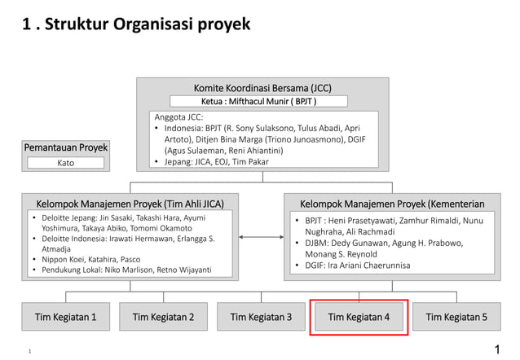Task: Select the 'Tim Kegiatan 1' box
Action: tap(66, 317)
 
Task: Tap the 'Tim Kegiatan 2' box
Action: tap(163, 317)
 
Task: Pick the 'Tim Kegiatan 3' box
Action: tap(261, 317)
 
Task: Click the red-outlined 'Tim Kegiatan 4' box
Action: tap(359, 317)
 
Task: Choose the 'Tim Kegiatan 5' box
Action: tap(456, 317)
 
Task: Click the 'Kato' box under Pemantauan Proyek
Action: tap(66, 163)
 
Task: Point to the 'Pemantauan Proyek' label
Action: tap(66, 147)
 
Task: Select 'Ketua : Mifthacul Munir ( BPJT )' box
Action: tap(258, 102)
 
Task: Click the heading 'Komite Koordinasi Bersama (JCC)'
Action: tap(262, 88)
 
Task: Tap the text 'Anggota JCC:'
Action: tap(178, 117)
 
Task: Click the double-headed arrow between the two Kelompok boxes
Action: tap(261, 238)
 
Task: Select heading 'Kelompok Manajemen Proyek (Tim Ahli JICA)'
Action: tap(130, 203)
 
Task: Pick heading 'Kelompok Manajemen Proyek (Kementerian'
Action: tap(392, 203)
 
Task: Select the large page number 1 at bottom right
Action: tap(497, 349)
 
